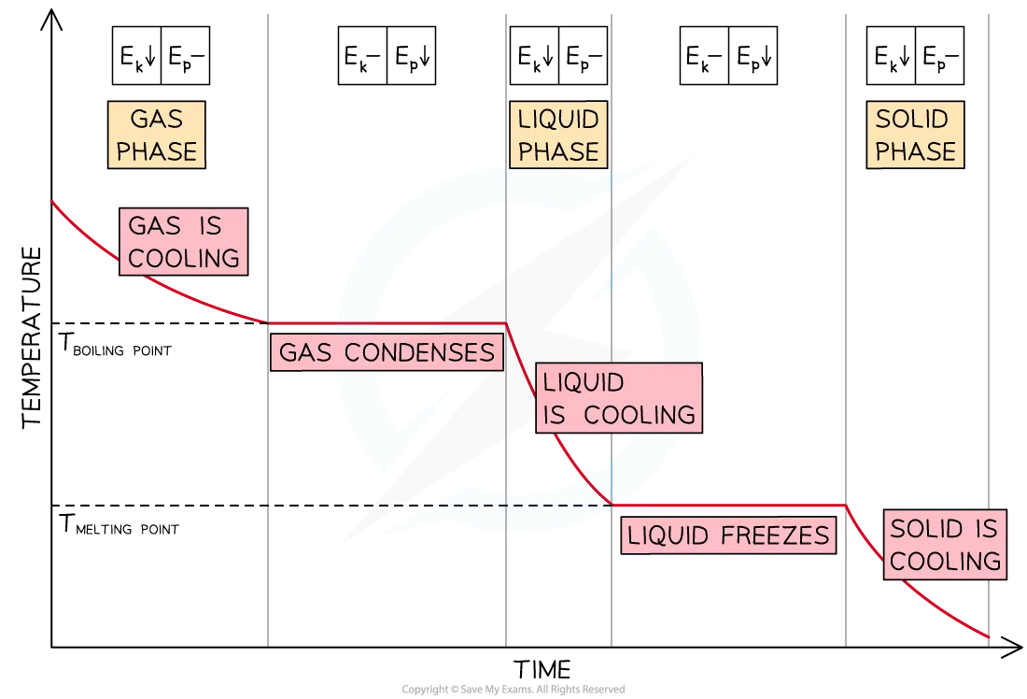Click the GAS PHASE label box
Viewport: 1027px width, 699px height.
[x=157, y=136]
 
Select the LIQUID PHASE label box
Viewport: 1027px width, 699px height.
[x=558, y=136]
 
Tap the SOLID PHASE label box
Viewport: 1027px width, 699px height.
[x=915, y=136]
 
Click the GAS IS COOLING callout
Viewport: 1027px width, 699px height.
[x=183, y=242]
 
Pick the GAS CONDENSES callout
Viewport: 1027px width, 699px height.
[x=387, y=352]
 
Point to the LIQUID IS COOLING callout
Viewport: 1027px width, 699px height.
[x=619, y=398]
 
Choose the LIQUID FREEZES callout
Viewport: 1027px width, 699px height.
[x=728, y=535]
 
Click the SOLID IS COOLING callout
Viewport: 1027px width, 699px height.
[x=945, y=545]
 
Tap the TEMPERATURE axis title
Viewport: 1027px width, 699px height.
[x=32, y=337]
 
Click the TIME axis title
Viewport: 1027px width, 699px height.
[x=542, y=669]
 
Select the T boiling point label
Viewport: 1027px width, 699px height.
[x=115, y=345]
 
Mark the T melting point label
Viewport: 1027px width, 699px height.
[x=119, y=524]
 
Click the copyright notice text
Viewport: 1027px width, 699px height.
[x=513, y=689]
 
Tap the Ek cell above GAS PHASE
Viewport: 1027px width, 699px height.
[x=137, y=56]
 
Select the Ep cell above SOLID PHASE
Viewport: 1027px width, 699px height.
[x=940, y=56]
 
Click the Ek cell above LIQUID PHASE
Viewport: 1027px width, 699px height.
[x=534, y=56]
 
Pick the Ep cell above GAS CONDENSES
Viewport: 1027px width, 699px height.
[x=412, y=56]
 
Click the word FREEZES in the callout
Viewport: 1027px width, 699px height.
[x=775, y=535]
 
